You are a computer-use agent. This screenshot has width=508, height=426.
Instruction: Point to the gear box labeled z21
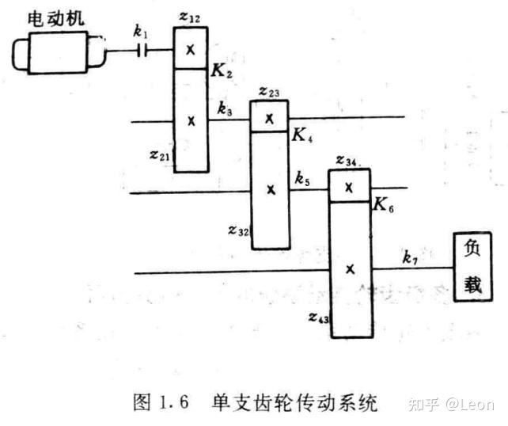[191, 120]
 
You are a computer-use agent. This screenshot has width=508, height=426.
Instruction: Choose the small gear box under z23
[269, 117]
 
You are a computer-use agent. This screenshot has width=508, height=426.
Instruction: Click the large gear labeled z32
[270, 190]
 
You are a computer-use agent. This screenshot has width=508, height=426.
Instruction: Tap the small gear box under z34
[349, 187]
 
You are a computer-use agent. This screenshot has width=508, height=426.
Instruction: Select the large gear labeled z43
[349, 269]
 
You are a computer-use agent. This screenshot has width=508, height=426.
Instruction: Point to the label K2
[221, 72]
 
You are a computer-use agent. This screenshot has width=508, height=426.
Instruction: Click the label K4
[301, 136]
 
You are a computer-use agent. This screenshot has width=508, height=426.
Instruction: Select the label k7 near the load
[410, 257]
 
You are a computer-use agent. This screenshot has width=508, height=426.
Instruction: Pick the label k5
[302, 177]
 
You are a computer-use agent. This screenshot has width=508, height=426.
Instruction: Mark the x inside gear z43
[349, 269]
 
